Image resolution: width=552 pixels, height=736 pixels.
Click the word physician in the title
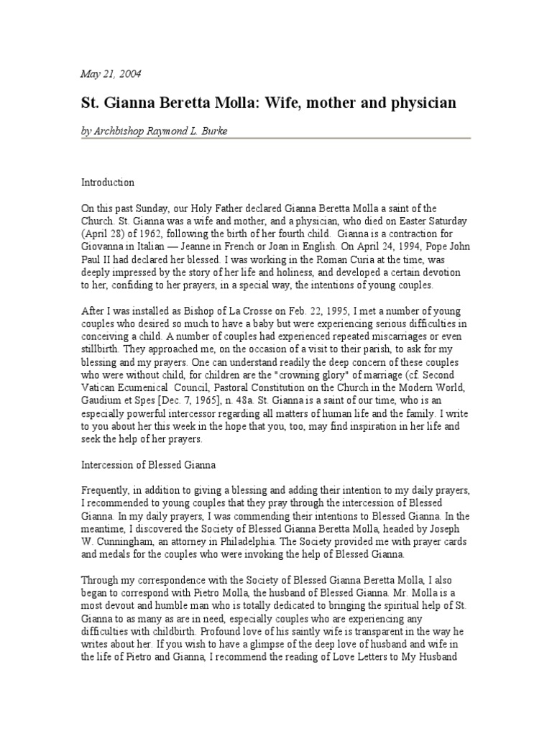pos(420,103)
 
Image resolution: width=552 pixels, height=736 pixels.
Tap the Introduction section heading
pos(107,183)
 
